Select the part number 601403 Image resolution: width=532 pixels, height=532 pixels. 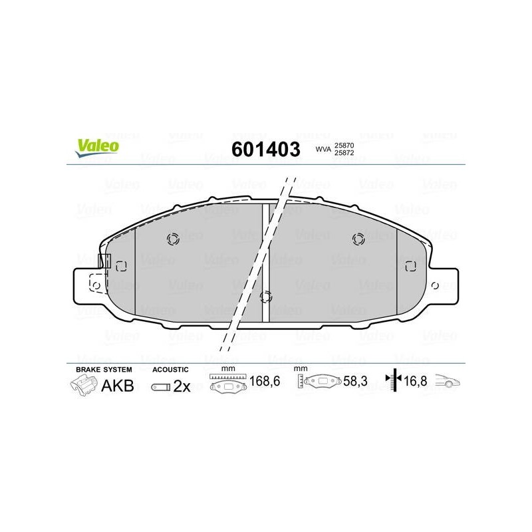click(x=265, y=148)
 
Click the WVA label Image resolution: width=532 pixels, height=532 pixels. click(x=323, y=150)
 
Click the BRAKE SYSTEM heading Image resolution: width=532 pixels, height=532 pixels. click(x=104, y=369)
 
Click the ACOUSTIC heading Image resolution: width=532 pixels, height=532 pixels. click(x=171, y=369)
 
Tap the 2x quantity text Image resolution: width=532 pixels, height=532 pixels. click(x=182, y=386)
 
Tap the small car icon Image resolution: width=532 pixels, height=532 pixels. click(x=448, y=382)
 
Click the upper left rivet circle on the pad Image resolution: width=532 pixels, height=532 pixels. click(x=173, y=239)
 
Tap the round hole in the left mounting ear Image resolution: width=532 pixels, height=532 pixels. click(x=95, y=286)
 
